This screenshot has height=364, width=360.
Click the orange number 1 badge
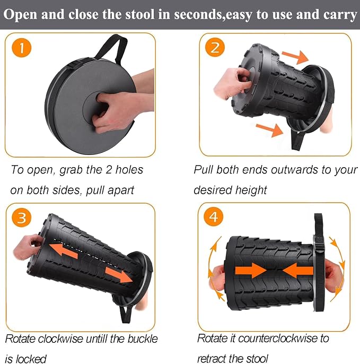click(22, 48)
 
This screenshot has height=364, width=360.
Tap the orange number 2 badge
click(215, 47)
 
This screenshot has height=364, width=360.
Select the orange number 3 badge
click(22, 218)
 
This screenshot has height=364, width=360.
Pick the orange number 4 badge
click(214, 216)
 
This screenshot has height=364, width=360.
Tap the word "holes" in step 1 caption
click(129, 170)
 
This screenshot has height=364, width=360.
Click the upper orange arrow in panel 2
click(295, 57)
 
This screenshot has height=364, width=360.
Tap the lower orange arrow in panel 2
click(270, 129)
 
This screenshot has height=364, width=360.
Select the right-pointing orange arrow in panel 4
click(251, 271)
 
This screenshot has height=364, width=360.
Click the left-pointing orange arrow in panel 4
click(298, 271)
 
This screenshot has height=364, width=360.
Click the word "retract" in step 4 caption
click(213, 359)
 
